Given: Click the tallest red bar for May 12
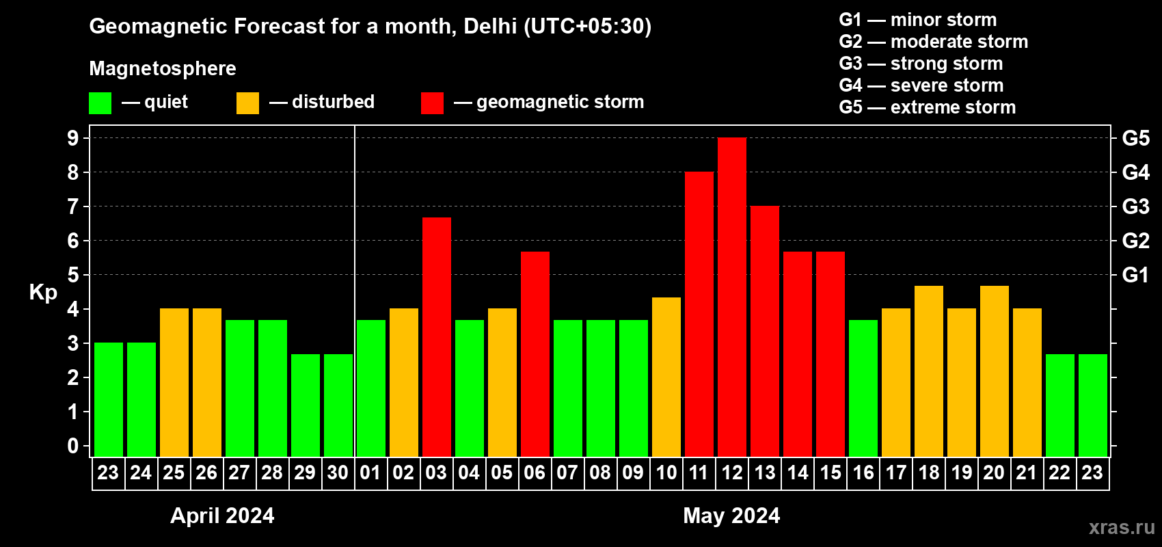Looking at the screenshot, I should (732, 297).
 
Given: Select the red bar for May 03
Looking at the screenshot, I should (437, 337).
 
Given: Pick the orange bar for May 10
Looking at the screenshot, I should (666, 377).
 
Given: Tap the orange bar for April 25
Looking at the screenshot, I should (174, 382).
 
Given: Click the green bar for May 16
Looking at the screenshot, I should (863, 388).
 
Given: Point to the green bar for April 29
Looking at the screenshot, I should (306, 405).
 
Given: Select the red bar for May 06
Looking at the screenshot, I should (535, 354).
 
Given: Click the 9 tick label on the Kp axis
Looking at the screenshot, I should (73, 138).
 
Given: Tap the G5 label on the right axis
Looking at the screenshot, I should (1135, 138).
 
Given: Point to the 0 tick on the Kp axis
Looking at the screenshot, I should (73, 446).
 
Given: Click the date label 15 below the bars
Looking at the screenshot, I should (830, 472).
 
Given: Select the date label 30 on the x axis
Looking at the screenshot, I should (338, 472).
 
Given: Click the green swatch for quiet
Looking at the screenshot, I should (100, 103).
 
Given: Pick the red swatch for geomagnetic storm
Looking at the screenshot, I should (432, 103).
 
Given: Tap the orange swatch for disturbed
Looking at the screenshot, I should (247, 103).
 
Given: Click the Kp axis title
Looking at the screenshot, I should (43, 292).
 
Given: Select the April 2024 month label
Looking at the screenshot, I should (222, 516).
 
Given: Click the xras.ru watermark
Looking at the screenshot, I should (1122, 527).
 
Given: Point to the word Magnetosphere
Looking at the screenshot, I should (163, 68).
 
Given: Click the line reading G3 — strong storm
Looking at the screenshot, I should (921, 64).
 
